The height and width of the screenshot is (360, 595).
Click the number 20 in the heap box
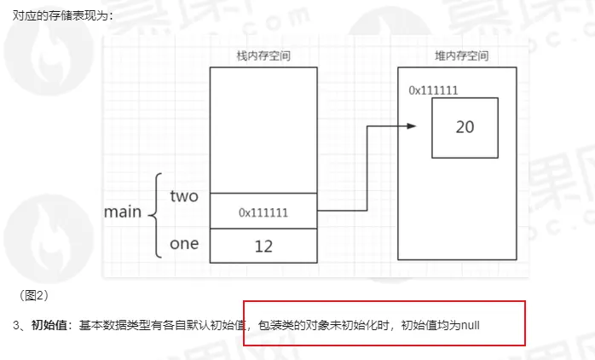pos(465,127)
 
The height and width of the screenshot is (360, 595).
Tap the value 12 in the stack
pos(263,246)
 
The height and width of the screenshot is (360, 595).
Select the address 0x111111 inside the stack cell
pos(263,212)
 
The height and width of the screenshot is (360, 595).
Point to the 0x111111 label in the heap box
pos(434,89)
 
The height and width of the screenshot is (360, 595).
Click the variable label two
pos(184,196)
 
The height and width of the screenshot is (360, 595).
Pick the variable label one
pos(184,244)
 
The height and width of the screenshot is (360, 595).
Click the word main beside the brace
pos(122,212)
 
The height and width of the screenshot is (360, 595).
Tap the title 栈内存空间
pos(264,56)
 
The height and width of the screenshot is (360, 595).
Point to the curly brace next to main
pos(153,215)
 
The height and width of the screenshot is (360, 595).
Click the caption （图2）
pos(33,295)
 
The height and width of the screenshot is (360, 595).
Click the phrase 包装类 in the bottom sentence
pos(276,326)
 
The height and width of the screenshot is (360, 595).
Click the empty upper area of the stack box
pos(263,128)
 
